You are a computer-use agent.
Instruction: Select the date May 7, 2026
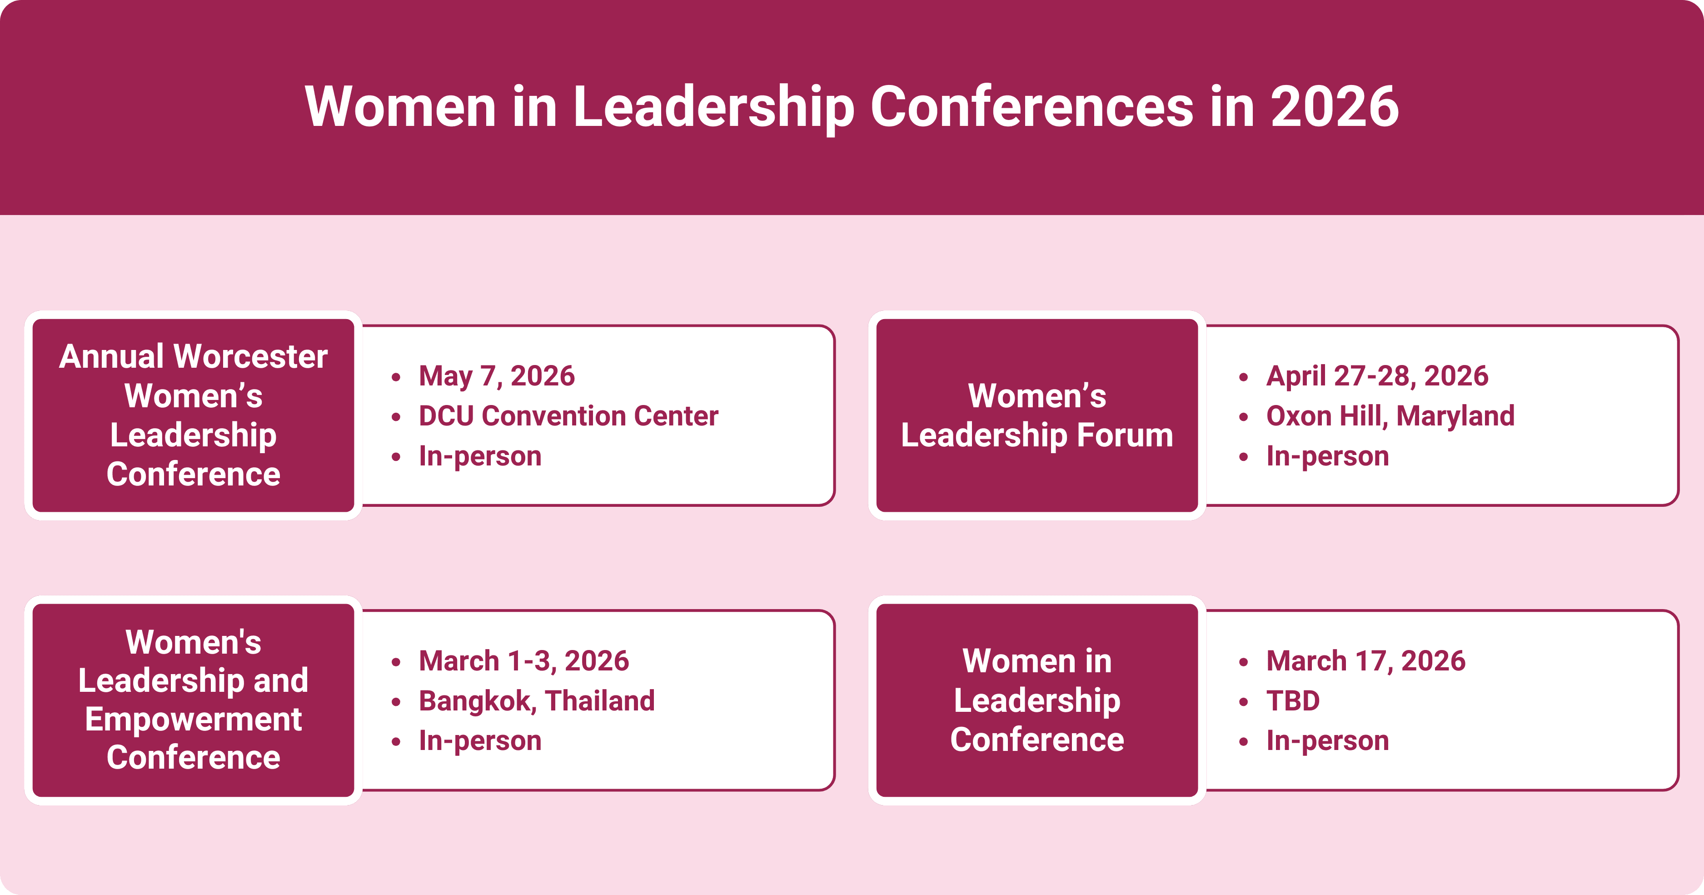(497, 376)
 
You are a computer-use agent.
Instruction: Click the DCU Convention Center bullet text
(568, 416)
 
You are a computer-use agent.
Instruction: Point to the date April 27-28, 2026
(1377, 376)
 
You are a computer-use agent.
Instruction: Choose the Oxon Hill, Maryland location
(1390, 416)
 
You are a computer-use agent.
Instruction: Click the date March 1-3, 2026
(524, 661)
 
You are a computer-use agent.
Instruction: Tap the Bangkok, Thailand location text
(537, 701)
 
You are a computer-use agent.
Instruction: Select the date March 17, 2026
(1366, 661)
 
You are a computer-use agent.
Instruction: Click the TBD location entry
(1293, 701)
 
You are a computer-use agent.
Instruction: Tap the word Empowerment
(193, 719)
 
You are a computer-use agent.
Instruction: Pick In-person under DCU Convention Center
(480, 456)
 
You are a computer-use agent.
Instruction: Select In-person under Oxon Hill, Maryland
(1328, 456)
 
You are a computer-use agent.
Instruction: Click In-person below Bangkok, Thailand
(480, 741)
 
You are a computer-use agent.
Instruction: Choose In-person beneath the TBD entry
(1328, 741)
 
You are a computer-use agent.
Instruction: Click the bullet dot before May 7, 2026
(396, 378)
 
